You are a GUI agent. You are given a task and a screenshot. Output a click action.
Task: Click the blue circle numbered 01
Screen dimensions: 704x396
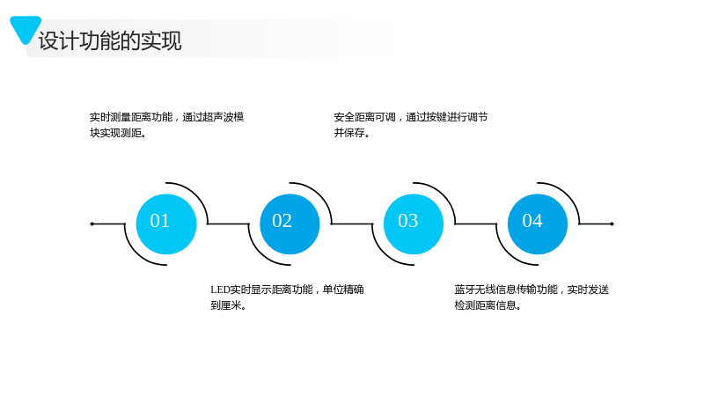(x=166, y=224)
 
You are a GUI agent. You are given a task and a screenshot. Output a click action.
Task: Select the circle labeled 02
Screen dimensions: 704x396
(x=290, y=224)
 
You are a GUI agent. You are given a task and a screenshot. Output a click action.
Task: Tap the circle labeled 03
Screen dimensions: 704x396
(x=414, y=224)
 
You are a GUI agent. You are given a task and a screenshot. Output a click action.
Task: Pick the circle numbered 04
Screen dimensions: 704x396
(x=538, y=224)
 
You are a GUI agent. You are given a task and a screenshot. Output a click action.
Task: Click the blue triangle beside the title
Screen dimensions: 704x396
(x=26, y=29)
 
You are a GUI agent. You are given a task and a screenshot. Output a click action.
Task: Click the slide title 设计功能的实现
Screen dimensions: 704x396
(x=110, y=40)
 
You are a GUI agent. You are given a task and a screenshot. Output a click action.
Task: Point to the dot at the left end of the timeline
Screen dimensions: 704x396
(x=92, y=224)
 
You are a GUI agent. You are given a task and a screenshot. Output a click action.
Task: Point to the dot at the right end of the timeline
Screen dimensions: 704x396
(x=612, y=224)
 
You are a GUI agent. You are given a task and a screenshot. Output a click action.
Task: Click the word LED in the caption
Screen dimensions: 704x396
(x=220, y=290)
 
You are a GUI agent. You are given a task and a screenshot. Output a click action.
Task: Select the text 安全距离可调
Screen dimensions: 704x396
(x=364, y=117)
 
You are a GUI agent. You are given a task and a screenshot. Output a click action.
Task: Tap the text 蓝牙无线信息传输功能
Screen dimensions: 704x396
(x=506, y=290)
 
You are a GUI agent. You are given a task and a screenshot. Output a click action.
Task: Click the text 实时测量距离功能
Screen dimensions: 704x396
(x=130, y=117)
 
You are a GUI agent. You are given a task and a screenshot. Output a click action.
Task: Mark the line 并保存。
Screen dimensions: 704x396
(x=351, y=133)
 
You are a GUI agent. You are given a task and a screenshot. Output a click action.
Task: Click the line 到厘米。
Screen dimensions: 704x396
(x=229, y=305)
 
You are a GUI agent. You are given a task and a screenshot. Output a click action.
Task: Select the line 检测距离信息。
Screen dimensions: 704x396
(x=488, y=305)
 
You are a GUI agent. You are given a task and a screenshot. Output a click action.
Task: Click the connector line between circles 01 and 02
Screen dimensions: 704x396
(x=228, y=224)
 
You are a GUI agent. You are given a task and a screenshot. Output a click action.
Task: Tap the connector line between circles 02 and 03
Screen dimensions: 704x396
(x=352, y=224)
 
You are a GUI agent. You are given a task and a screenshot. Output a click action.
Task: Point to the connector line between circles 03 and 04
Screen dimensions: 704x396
(x=476, y=224)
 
